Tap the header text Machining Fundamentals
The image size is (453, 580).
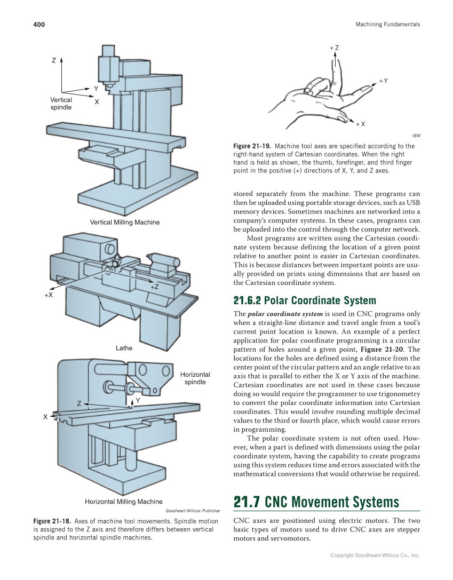click(387, 25)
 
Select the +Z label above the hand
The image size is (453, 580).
click(334, 48)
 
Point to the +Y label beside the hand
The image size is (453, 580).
click(383, 81)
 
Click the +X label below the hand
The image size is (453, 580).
click(360, 124)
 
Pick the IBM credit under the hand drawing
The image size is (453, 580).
click(416, 136)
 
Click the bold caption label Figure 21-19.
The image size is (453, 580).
click(252, 146)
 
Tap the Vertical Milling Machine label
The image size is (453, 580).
click(124, 222)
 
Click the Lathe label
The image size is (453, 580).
click(124, 348)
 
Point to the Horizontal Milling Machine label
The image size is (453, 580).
click(124, 502)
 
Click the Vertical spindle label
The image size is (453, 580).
click(61, 104)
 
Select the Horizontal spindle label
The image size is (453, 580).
click(195, 378)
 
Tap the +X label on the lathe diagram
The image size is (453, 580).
click(48, 295)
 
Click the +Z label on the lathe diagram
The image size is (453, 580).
click(155, 287)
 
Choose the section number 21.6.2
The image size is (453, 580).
click(248, 300)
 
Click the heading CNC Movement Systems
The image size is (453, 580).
click(332, 503)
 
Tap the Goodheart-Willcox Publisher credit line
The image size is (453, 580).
click(193, 511)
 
